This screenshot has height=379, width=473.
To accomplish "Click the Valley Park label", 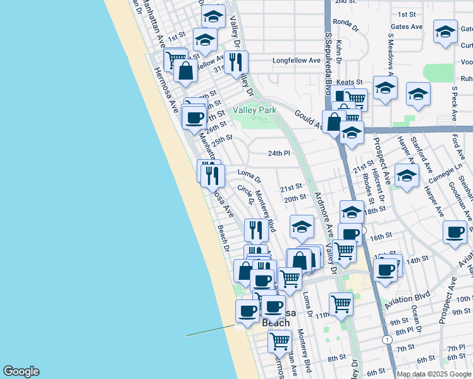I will point(255,110).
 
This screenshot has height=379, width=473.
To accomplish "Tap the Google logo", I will point(21,371).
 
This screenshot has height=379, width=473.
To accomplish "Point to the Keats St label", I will point(350,82).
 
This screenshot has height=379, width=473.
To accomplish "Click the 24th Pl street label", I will point(278,153).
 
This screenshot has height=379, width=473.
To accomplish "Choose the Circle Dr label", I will point(245,194).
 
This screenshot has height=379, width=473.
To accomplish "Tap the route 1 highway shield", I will point(385,340).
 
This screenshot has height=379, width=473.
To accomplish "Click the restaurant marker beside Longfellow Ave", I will point(236,62).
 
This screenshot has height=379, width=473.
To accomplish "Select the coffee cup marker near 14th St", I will point(385,270).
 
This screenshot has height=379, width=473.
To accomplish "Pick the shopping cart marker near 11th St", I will point(341,304).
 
